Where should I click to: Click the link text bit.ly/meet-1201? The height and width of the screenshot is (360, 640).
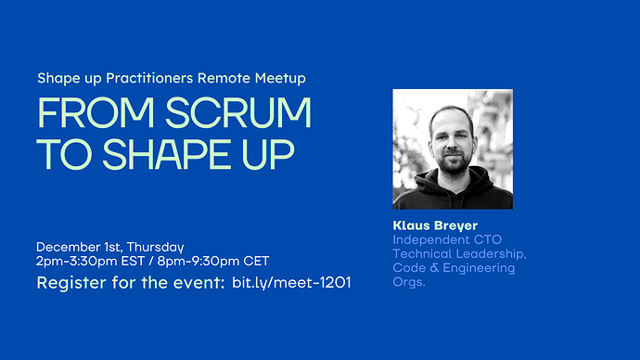[x=292, y=281]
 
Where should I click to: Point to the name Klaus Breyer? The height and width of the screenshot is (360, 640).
[x=434, y=225]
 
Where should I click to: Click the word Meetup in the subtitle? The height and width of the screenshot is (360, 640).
[x=280, y=77]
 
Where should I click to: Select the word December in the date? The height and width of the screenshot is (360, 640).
[x=68, y=247]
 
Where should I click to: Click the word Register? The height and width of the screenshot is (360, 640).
[x=67, y=282]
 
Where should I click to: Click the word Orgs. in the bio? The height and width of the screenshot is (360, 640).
[x=409, y=281]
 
